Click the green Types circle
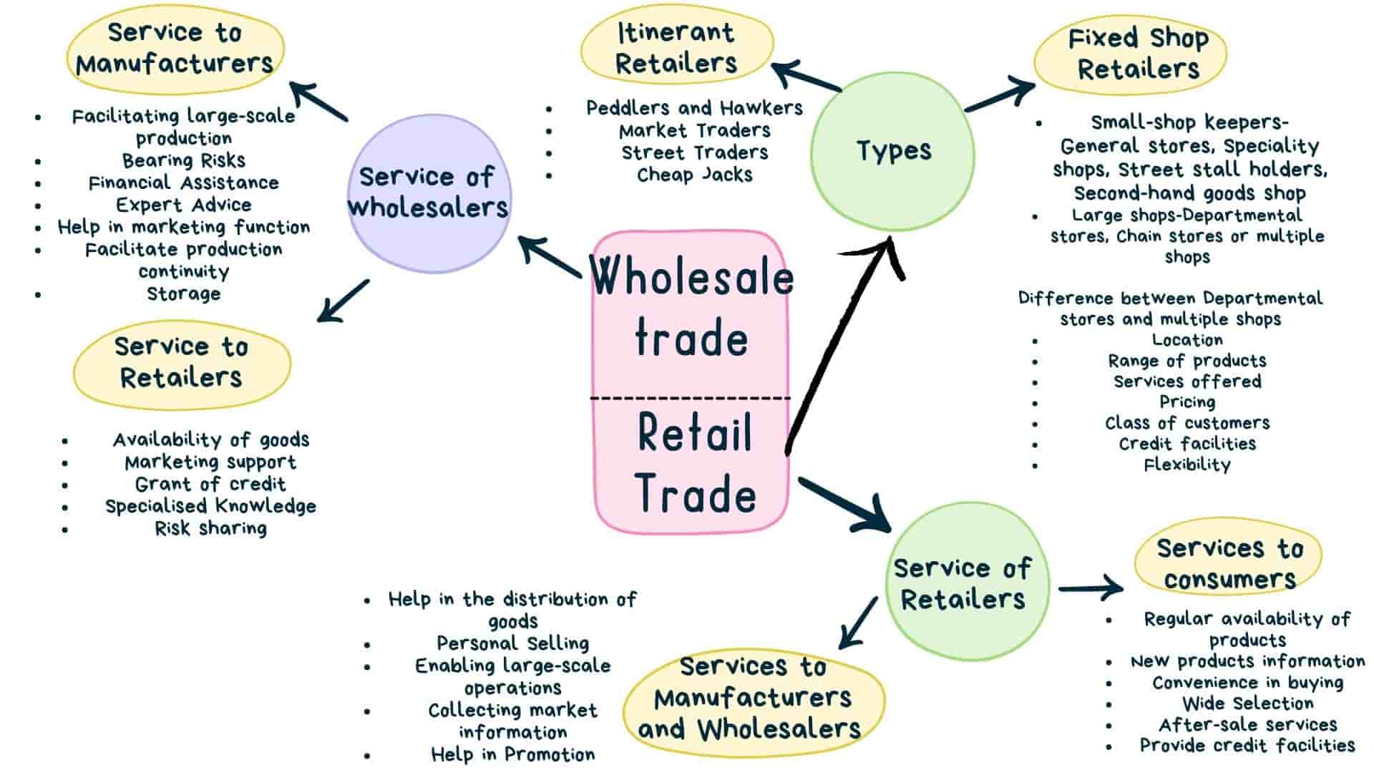tap(892, 151)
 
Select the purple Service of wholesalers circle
tap(428, 193)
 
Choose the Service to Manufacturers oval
tap(175, 48)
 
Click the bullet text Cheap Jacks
tap(694, 175)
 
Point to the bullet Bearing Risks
tap(183, 160)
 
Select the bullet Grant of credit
tap(210, 484)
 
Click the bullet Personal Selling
tap(512, 643)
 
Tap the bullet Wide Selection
tap(1247, 704)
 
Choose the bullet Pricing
tap(1187, 402)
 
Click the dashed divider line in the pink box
tap(691, 398)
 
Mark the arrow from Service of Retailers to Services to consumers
tap(1089, 588)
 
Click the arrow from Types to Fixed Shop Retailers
tap(1000, 97)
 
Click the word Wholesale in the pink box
tap(691, 277)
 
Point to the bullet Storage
tap(183, 294)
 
